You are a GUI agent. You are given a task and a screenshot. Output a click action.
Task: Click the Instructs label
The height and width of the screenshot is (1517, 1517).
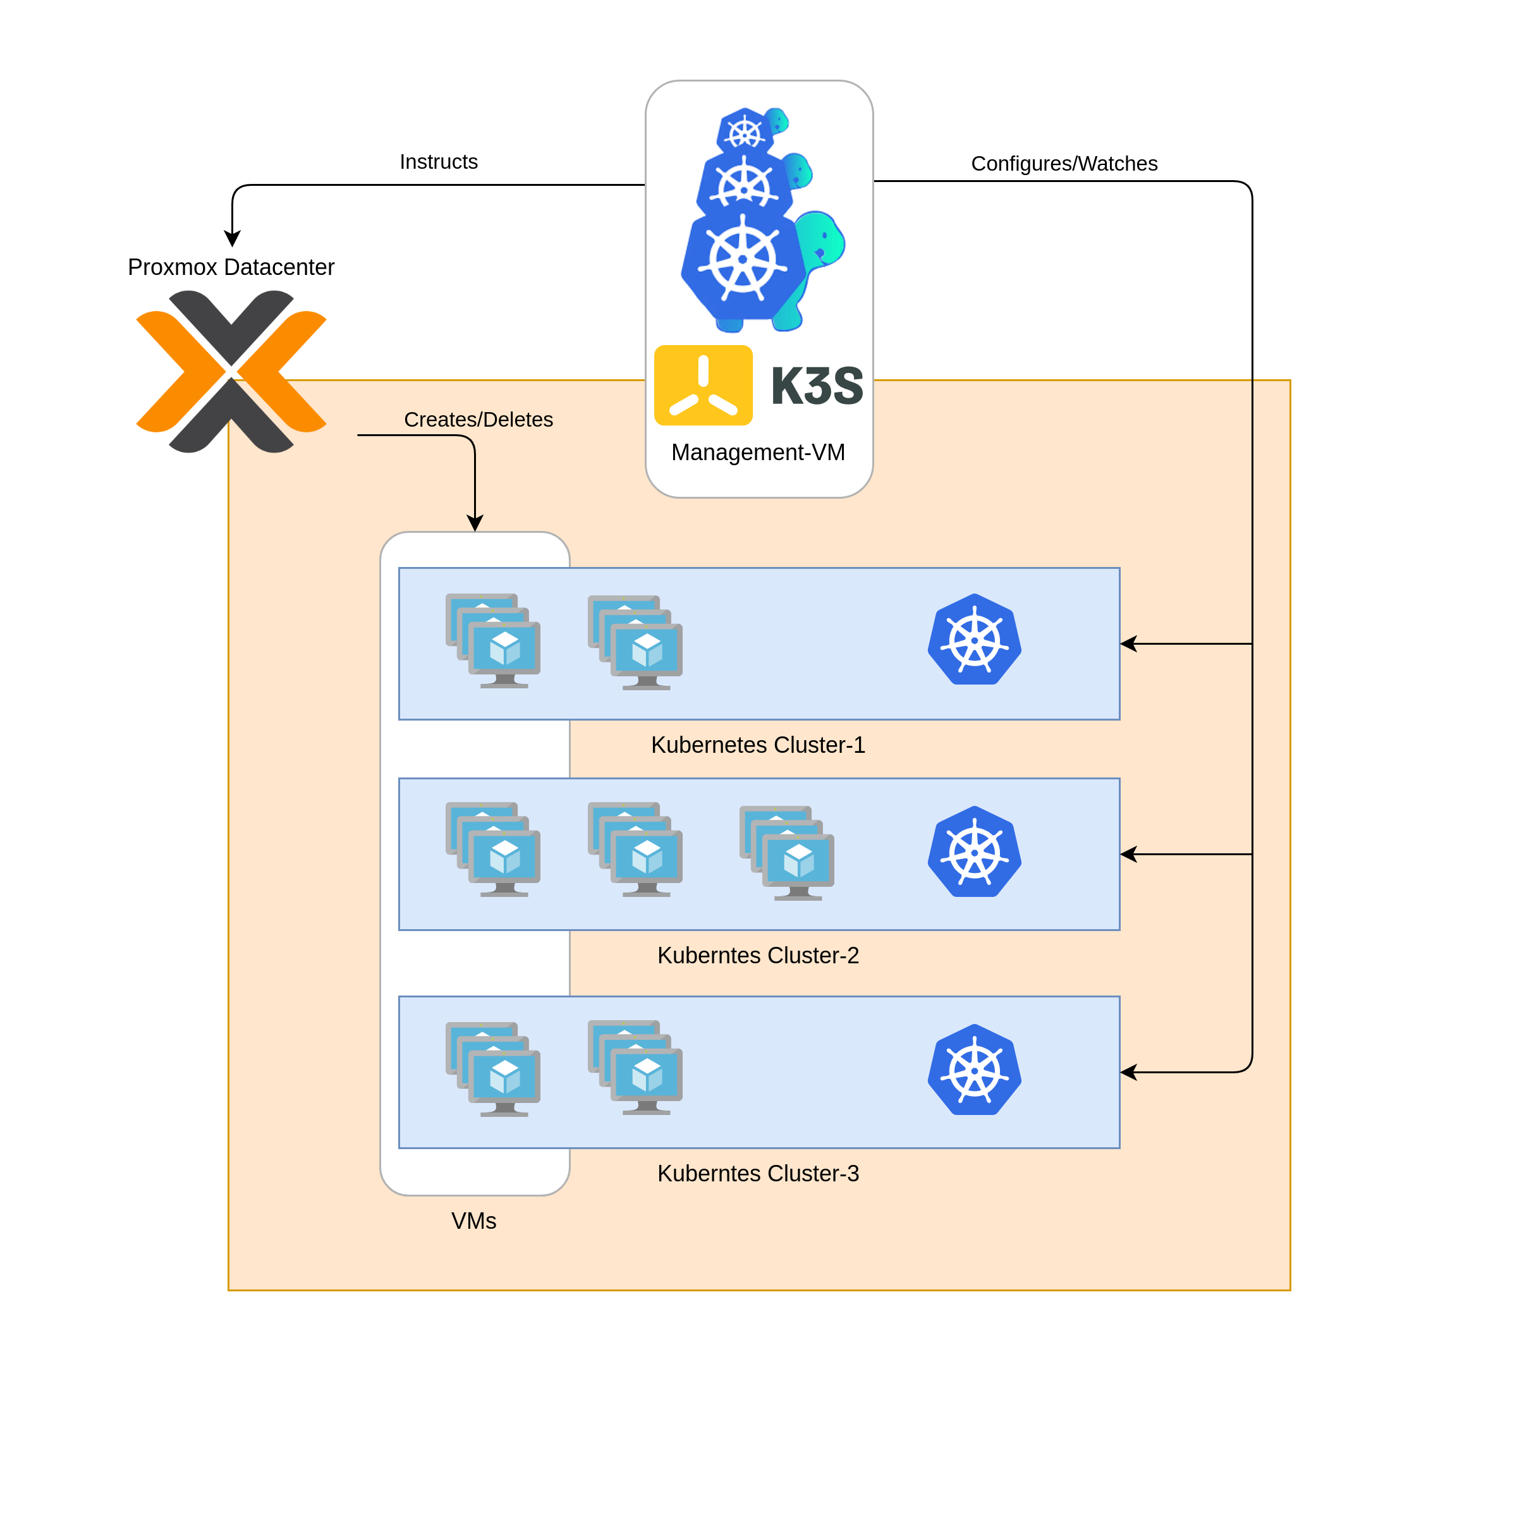tap(438, 162)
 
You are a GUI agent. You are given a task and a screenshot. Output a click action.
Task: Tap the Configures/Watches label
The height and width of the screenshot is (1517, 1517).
tap(1064, 163)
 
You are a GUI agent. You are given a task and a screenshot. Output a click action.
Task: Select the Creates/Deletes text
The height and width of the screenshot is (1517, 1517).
tap(478, 419)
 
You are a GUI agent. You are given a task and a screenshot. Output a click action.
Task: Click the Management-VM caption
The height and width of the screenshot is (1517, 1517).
tap(758, 453)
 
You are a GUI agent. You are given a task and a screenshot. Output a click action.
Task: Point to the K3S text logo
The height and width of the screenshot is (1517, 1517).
tap(817, 386)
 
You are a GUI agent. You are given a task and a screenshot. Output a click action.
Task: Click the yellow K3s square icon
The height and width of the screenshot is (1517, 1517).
tap(703, 386)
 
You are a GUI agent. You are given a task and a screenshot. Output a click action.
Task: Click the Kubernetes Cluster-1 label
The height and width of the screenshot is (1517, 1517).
tap(758, 745)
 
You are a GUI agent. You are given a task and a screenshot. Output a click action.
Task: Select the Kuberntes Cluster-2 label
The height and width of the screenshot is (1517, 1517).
tap(758, 955)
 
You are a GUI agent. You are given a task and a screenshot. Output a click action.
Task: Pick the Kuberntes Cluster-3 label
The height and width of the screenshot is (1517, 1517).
tap(758, 1173)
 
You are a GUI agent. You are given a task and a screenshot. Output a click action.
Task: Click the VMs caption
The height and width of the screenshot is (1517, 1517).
tap(473, 1221)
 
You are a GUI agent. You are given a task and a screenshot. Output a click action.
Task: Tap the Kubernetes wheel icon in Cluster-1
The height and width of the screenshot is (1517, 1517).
tap(975, 640)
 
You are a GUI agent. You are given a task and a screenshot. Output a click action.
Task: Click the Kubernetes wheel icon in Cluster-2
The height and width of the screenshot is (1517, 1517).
tap(975, 852)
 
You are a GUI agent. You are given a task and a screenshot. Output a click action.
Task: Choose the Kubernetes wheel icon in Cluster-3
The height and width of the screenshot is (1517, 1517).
tap(975, 1070)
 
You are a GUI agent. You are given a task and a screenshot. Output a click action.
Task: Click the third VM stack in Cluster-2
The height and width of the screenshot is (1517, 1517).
tap(787, 853)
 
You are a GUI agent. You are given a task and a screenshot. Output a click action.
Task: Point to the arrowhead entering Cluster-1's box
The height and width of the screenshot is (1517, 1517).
tap(1128, 644)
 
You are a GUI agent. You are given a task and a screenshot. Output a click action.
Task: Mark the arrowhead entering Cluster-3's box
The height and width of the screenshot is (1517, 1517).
tap(1128, 1073)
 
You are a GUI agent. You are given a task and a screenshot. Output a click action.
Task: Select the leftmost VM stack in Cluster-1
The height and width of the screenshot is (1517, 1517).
tap(493, 641)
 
